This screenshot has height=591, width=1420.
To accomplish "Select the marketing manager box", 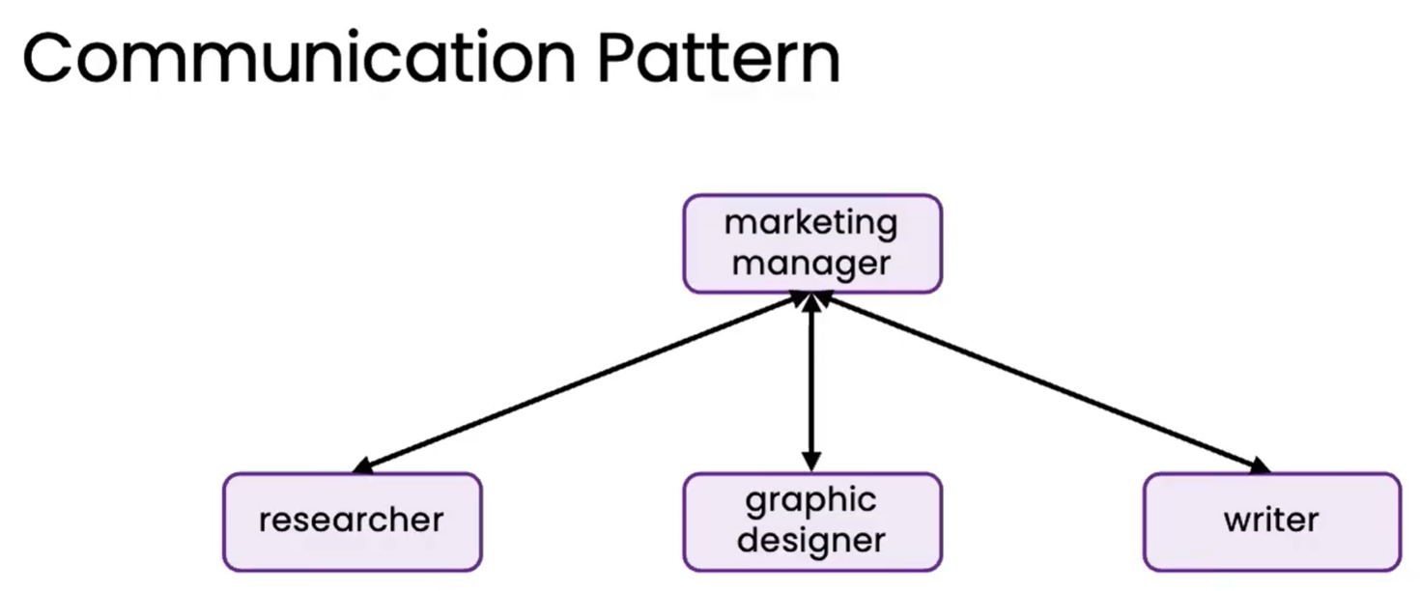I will pos(811,243).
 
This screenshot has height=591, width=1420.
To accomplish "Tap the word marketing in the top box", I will pos(811,224).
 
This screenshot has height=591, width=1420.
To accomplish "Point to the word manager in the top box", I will pos(811,263).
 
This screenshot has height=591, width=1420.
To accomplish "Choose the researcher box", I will pos(352,521).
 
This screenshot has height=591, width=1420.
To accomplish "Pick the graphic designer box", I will pos(811,521).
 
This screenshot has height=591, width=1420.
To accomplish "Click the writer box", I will pos(1271,521).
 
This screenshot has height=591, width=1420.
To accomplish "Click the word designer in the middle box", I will pos(811,539).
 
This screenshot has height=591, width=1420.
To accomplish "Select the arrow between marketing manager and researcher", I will pos(580,383).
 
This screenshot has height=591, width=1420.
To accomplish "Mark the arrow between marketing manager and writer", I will pos(1048,383).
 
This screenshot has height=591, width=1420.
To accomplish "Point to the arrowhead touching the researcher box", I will pos(362,466).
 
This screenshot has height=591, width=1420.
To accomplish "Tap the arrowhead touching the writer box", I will pos(1260,466).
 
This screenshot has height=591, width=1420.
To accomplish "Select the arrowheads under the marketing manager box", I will pos(811,301).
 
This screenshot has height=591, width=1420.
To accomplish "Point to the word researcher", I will pos(352,521).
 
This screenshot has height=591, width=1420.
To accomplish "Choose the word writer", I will pos(1271,521).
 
